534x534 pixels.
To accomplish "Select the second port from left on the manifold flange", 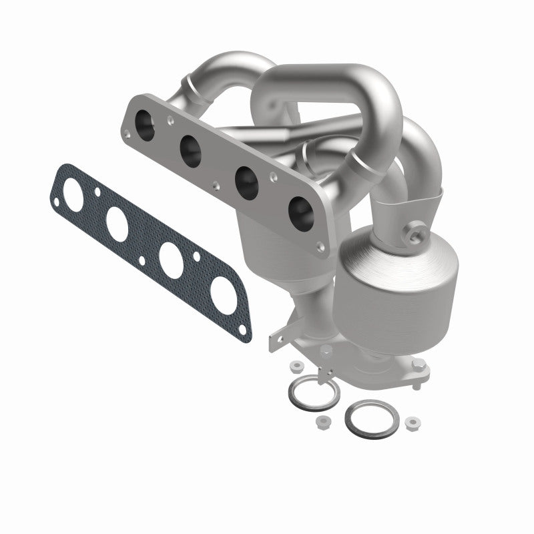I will [190, 150].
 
